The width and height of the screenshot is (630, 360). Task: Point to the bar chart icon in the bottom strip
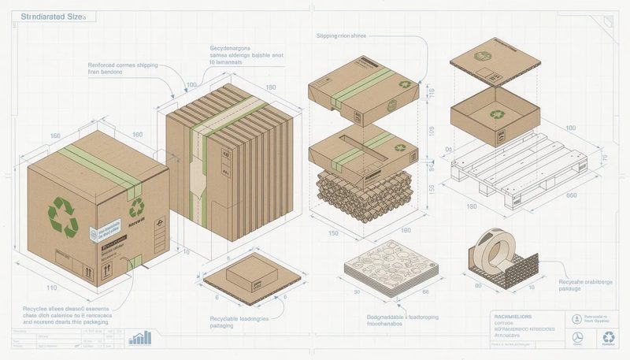point(141,336)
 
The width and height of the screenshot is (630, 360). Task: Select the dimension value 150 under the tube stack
point(334,234)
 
